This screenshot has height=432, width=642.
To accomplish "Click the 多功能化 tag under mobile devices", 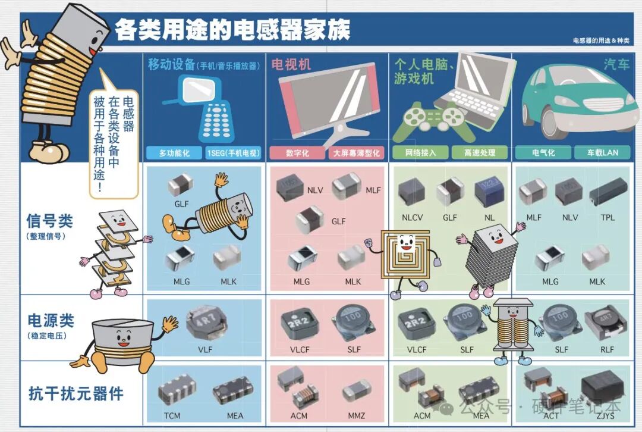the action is coord(174,153).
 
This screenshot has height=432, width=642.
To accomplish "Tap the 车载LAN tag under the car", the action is coord(602,152).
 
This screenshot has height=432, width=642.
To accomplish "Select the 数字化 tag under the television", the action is coord(297,153).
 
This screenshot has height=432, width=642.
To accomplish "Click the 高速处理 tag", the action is coord(480,152).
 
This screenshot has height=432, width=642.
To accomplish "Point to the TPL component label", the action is coord(608,217).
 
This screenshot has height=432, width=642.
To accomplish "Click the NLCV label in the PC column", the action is coord(412,217).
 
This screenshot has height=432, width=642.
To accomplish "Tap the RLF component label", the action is coord(607,350).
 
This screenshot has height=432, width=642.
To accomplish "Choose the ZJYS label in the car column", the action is coord(605,415).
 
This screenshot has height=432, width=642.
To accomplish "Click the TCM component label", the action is coord(172,415).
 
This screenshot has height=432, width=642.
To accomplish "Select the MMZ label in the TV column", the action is coord(356,415).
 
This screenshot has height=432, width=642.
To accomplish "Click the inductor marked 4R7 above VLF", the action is coord(206,323).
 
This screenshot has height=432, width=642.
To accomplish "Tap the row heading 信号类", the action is coord(49,221).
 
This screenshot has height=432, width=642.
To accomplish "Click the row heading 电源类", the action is coord(51,321).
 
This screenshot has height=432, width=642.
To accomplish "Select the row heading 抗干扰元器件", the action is coord(75,393).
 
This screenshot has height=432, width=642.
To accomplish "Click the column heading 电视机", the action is coord(291,64).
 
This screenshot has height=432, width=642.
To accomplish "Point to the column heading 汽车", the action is coord(616,64).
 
